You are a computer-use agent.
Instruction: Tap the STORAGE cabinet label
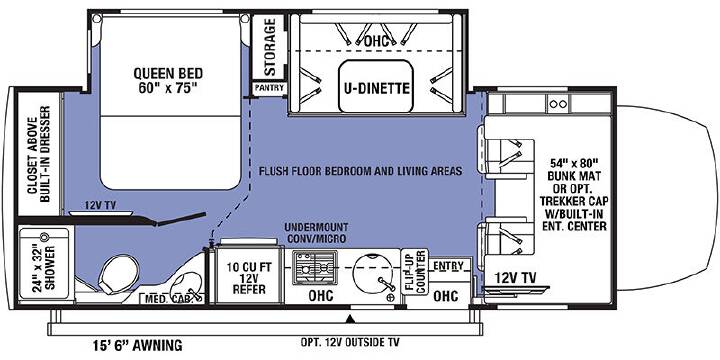tap(270, 47)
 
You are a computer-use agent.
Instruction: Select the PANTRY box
tap(270, 88)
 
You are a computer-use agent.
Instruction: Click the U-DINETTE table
tap(375, 86)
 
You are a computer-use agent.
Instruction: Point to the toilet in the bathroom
tap(118, 274)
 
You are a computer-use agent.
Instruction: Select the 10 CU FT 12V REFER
tap(247, 276)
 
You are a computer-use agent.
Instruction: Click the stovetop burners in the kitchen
tap(315, 268)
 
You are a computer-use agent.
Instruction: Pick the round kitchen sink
tap(373, 276)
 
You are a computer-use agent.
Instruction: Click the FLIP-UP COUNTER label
tap(415, 272)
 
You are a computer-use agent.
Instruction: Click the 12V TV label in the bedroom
tap(100, 206)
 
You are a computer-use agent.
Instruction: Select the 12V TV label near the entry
tap(515, 277)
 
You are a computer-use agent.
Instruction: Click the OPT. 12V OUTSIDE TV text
tap(349, 342)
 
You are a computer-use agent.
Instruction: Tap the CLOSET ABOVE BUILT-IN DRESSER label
tap(39, 154)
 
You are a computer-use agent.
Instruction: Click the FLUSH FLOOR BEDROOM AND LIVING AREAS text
tap(360, 171)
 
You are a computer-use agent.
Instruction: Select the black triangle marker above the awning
tap(350, 318)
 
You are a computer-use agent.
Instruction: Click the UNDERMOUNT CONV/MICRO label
tap(315, 233)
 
